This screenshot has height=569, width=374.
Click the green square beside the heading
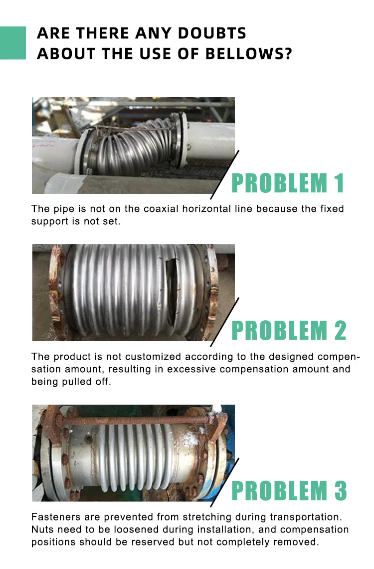click(x=12, y=43)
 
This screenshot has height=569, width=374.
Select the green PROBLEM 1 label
click(x=288, y=183)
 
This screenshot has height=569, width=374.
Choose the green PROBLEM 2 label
click(x=289, y=330)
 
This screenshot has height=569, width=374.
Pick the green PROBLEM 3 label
click(x=289, y=491)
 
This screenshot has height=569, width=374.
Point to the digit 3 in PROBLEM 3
click(x=340, y=491)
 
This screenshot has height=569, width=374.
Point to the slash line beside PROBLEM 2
click(x=224, y=322)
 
